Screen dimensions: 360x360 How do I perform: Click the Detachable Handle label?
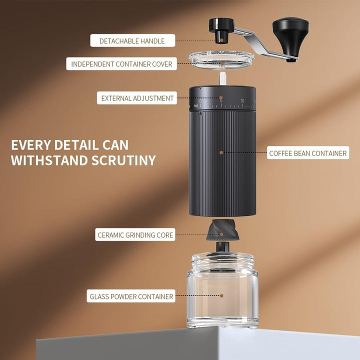pyautogui.click(x=132, y=40)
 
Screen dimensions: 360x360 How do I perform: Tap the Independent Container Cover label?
pyautogui.click(x=121, y=64)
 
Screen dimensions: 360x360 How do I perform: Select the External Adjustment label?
pyautogui.click(x=137, y=98)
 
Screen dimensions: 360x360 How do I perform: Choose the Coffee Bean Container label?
pyautogui.click(x=308, y=153)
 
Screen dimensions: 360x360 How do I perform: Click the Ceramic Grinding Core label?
pyautogui.click(x=135, y=234)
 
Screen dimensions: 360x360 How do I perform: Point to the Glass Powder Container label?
pyautogui.click(x=131, y=296)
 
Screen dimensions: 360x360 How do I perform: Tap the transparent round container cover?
pyautogui.click(x=221, y=60)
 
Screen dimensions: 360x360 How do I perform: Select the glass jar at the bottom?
pyautogui.click(x=222, y=290)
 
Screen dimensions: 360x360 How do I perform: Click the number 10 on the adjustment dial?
pyautogui.click(x=242, y=101)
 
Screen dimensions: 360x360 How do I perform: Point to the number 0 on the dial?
pyautogui.click(x=200, y=101)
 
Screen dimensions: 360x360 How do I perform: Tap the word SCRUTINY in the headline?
pyautogui.click(x=124, y=160)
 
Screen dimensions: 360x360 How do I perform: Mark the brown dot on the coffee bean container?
pyautogui.click(x=221, y=152)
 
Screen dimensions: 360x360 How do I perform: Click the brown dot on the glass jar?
pyautogui.click(x=221, y=295)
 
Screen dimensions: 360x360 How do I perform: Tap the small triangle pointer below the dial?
pyautogui.click(x=201, y=113)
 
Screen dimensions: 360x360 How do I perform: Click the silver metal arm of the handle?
pyautogui.click(x=264, y=44)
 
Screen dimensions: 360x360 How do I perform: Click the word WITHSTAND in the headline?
pyautogui.click(x=49, y=160)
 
